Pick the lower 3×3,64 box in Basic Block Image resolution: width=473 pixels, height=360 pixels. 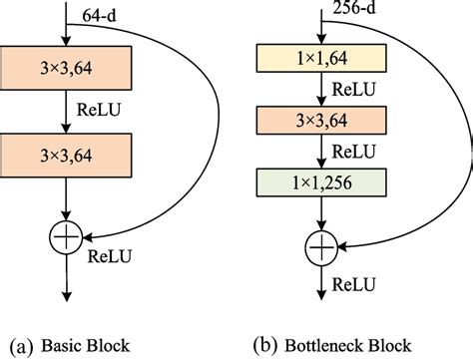pyautogui.click(x=65, y=154)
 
